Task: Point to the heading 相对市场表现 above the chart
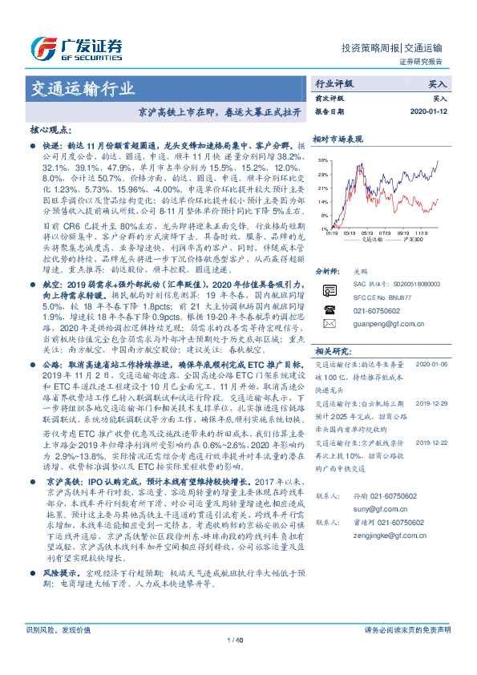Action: pyautogui.click(x=338, y=139)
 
